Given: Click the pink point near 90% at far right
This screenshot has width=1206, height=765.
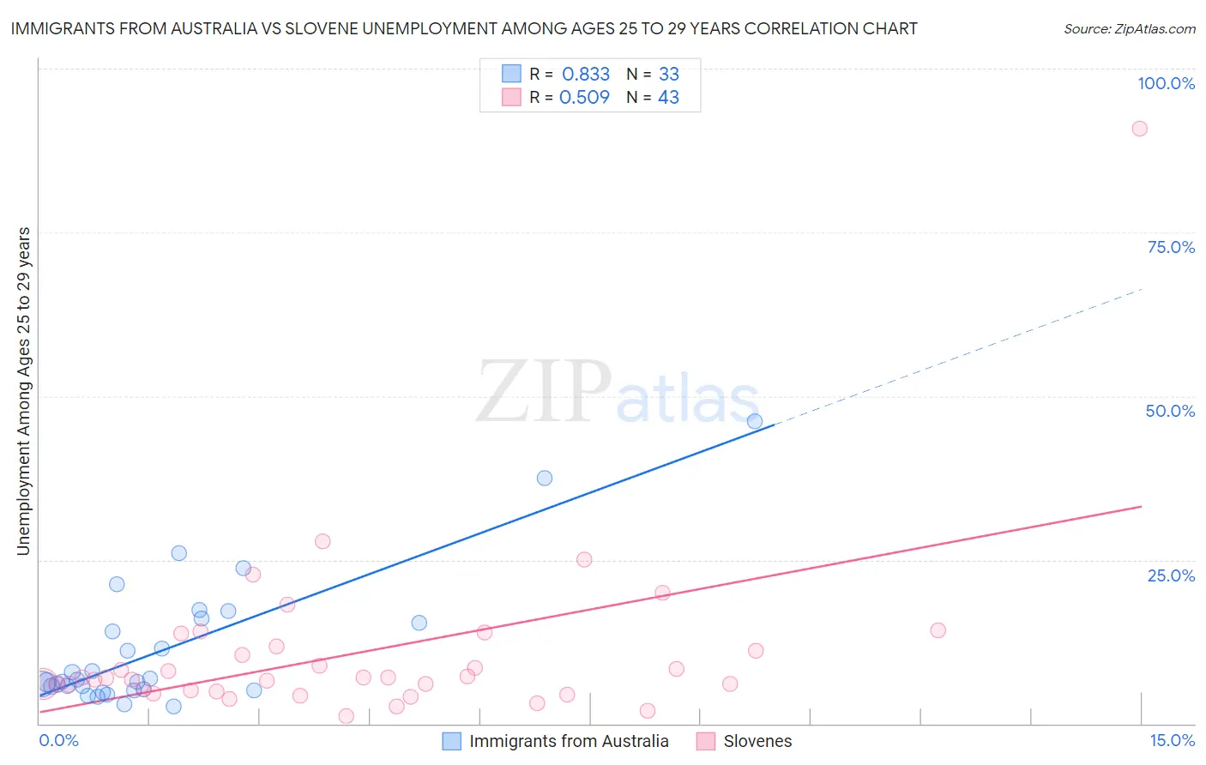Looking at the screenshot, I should (1139, 129).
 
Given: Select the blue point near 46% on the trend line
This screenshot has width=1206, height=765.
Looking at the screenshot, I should (755, 421).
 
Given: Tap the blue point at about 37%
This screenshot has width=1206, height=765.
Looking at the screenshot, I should (545, 478).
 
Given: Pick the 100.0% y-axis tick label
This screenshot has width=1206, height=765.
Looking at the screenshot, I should (1166, 83).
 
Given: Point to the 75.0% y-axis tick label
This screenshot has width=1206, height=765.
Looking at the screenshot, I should (1171, 247).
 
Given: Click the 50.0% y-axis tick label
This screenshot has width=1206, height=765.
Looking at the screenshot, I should (1170, 411).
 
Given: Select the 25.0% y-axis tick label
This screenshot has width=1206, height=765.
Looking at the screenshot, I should (1171, 575).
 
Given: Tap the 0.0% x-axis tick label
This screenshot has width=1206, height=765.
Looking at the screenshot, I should (58, 740).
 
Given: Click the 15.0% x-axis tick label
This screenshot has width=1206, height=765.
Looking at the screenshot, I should (1172, 740).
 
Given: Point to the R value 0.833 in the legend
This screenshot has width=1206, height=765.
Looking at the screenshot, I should (586, 74).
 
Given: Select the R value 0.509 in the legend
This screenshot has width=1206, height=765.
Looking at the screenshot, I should (584, 97).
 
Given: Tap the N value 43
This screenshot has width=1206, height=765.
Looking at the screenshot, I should (668, 97).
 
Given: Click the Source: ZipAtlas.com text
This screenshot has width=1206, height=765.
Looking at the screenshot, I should (1129, 28).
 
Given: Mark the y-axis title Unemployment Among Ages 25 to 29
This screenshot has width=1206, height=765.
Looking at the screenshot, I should (23, 391).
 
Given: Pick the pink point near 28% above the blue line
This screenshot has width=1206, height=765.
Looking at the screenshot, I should (323, 541).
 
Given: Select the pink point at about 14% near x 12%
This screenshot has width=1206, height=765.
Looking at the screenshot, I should (938, 630).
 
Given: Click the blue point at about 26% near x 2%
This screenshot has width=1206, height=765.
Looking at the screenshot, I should (179, 553).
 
